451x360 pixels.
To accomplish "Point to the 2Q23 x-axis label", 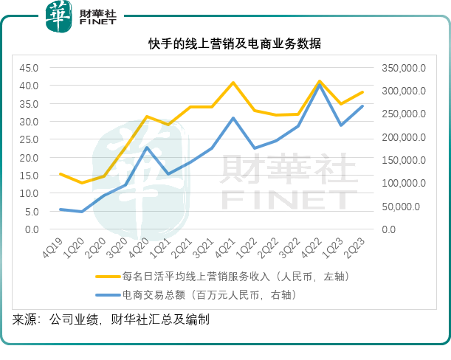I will pos(357,246).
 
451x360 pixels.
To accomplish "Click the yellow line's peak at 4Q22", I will pos(320,81).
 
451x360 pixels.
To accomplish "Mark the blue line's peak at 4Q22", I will pos(320,86).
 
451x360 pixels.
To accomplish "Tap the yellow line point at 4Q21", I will pos(233,83).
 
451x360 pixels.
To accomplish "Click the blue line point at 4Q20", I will pos(147,148).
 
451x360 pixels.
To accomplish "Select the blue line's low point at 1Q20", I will pos(82,212).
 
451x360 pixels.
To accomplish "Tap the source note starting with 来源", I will pos(110,320).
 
